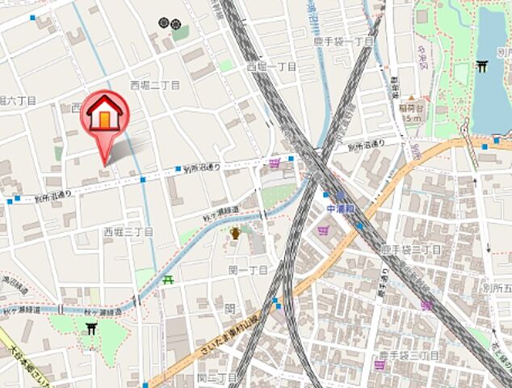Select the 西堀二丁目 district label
(154, 84)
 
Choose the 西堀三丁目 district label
(128, 232)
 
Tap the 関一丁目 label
(248, 269)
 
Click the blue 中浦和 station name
(340, 207)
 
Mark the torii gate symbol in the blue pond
(482, 66)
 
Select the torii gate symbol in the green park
(90, 328)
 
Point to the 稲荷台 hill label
(411, 106)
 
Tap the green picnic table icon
(168, 280)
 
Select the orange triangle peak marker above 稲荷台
(411, 96)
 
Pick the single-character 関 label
(229, 308)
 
